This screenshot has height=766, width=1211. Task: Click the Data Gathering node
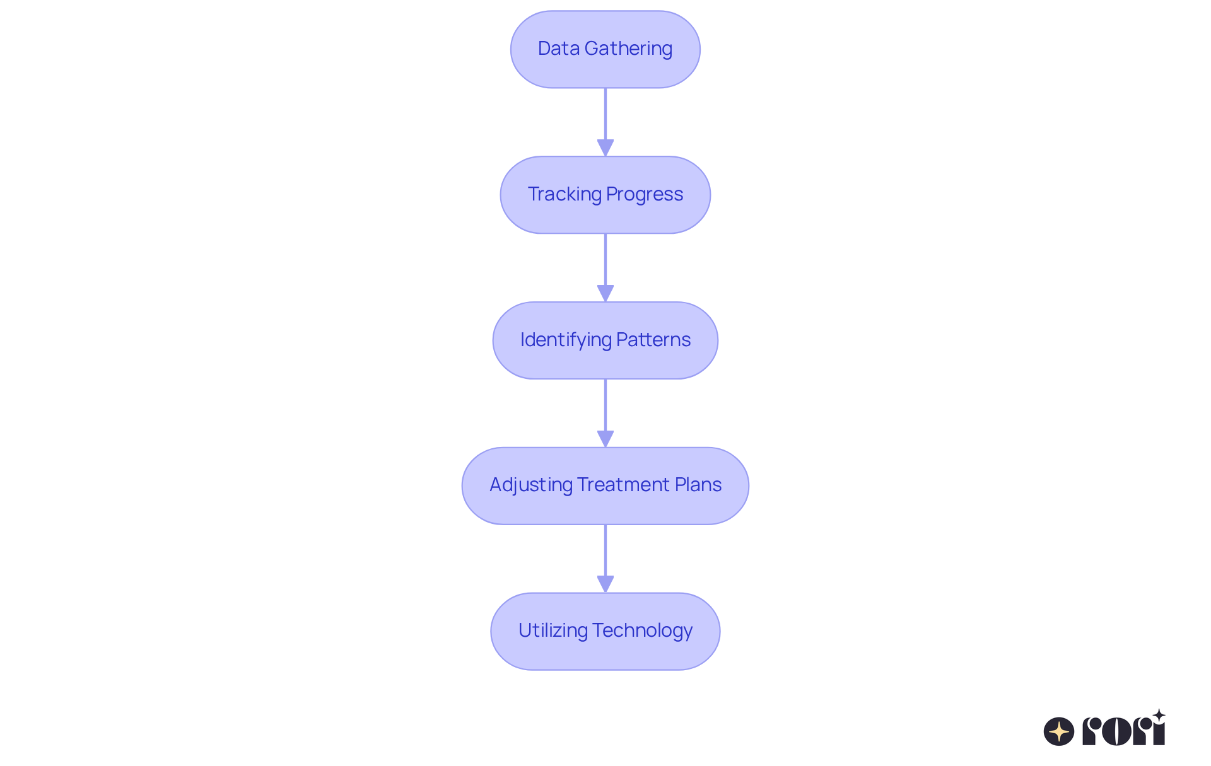tap(605, 49)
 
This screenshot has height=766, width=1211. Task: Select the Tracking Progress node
tap(605, 195)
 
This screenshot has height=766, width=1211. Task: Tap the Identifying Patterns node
tap(605, 340)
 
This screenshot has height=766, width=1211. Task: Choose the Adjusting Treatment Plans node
tap(605, 485)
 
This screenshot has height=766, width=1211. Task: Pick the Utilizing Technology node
tap(605, 631)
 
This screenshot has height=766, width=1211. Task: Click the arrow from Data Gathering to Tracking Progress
tap(605, 121)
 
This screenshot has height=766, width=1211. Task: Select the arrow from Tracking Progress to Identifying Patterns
tap(605, 267)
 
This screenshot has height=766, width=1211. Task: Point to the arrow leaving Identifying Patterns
tap(605, 412)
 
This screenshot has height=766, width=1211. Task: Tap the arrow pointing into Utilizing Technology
tap(605, 558)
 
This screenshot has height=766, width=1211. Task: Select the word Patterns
tap(653, 340)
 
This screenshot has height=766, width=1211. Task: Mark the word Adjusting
tap(530, 485)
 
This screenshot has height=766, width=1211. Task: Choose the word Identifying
tap(566, 340)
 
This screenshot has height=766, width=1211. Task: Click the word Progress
tap(645, 195)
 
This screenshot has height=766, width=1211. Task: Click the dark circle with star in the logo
tap(1058, 731)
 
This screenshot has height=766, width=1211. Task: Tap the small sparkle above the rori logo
tap(1159, 716)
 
